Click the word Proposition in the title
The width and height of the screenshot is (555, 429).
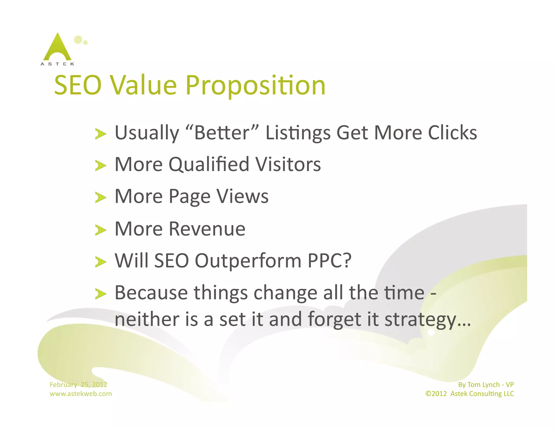click(255, 85)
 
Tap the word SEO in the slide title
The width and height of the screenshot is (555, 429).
click(78, 85)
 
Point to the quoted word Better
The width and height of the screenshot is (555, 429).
click(222, 133)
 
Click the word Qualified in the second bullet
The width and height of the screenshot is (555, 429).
click(209, 165)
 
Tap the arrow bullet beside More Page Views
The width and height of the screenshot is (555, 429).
click(101, 197)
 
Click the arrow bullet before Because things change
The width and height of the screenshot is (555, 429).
click(101, 294)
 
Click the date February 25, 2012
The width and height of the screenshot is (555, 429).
click(78, 385)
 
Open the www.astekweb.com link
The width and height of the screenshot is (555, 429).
click(81, 394)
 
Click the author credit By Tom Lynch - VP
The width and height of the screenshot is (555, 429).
click(486, 385)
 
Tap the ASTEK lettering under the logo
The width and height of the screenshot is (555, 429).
click(57, 64)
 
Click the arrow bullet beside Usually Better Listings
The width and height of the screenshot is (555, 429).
click(101, 134)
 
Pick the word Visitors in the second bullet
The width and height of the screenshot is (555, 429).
click(288, 165)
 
